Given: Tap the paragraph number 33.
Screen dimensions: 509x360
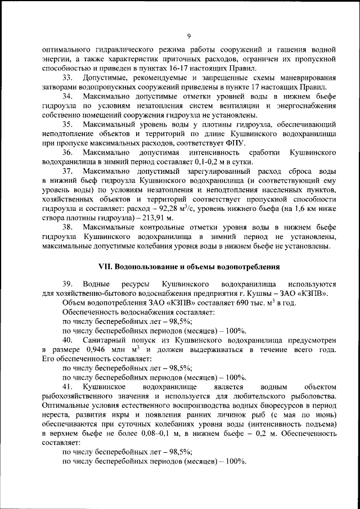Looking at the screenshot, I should coord(67,78).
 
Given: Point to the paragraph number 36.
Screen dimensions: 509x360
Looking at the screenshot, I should coord(67,152).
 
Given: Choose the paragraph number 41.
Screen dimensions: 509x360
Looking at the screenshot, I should coord(67,387).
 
